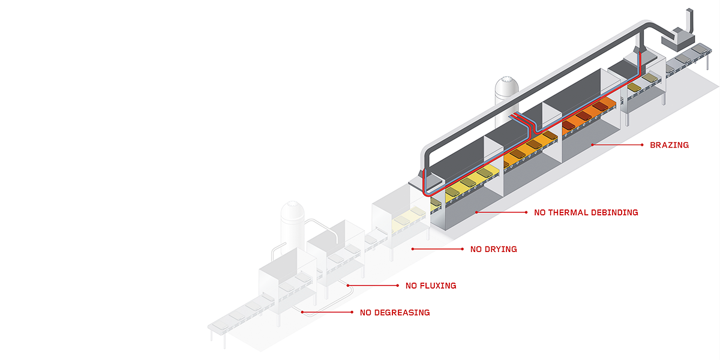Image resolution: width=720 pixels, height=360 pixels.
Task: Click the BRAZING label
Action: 669,145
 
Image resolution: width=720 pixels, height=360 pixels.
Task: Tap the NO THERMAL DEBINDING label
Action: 586,212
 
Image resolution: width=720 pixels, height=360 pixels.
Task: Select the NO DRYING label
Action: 493,249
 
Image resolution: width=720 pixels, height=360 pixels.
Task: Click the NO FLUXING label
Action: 431,286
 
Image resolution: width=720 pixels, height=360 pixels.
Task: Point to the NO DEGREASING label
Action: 395,313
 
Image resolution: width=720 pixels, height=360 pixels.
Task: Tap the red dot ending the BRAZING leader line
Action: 592,145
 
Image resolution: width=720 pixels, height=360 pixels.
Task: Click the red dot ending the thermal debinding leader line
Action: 476,212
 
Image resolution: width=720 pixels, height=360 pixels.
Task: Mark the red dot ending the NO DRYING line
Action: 412,248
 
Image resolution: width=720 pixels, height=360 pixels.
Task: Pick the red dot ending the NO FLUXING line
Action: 348,285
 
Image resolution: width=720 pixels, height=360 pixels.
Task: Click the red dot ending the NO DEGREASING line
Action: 302,312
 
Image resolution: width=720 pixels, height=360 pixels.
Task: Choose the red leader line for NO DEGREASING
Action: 327,312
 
